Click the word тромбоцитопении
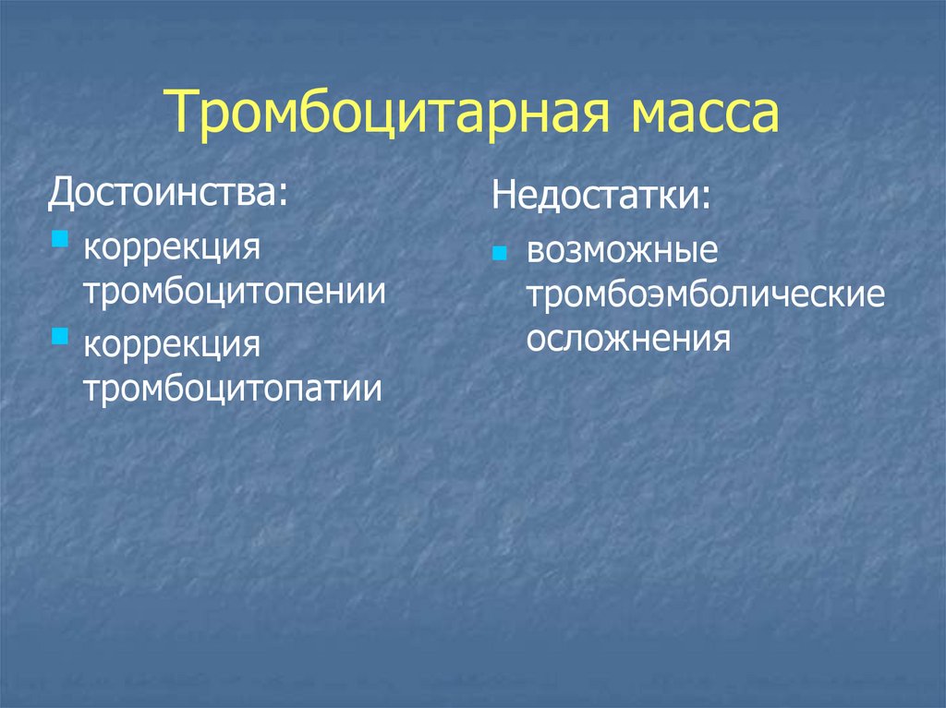[x=235, y=292]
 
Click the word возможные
[x=622, y=252]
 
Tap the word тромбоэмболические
[x=706, y=295]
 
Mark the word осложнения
[x=628, y=338]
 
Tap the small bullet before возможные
[x=500, y=253]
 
